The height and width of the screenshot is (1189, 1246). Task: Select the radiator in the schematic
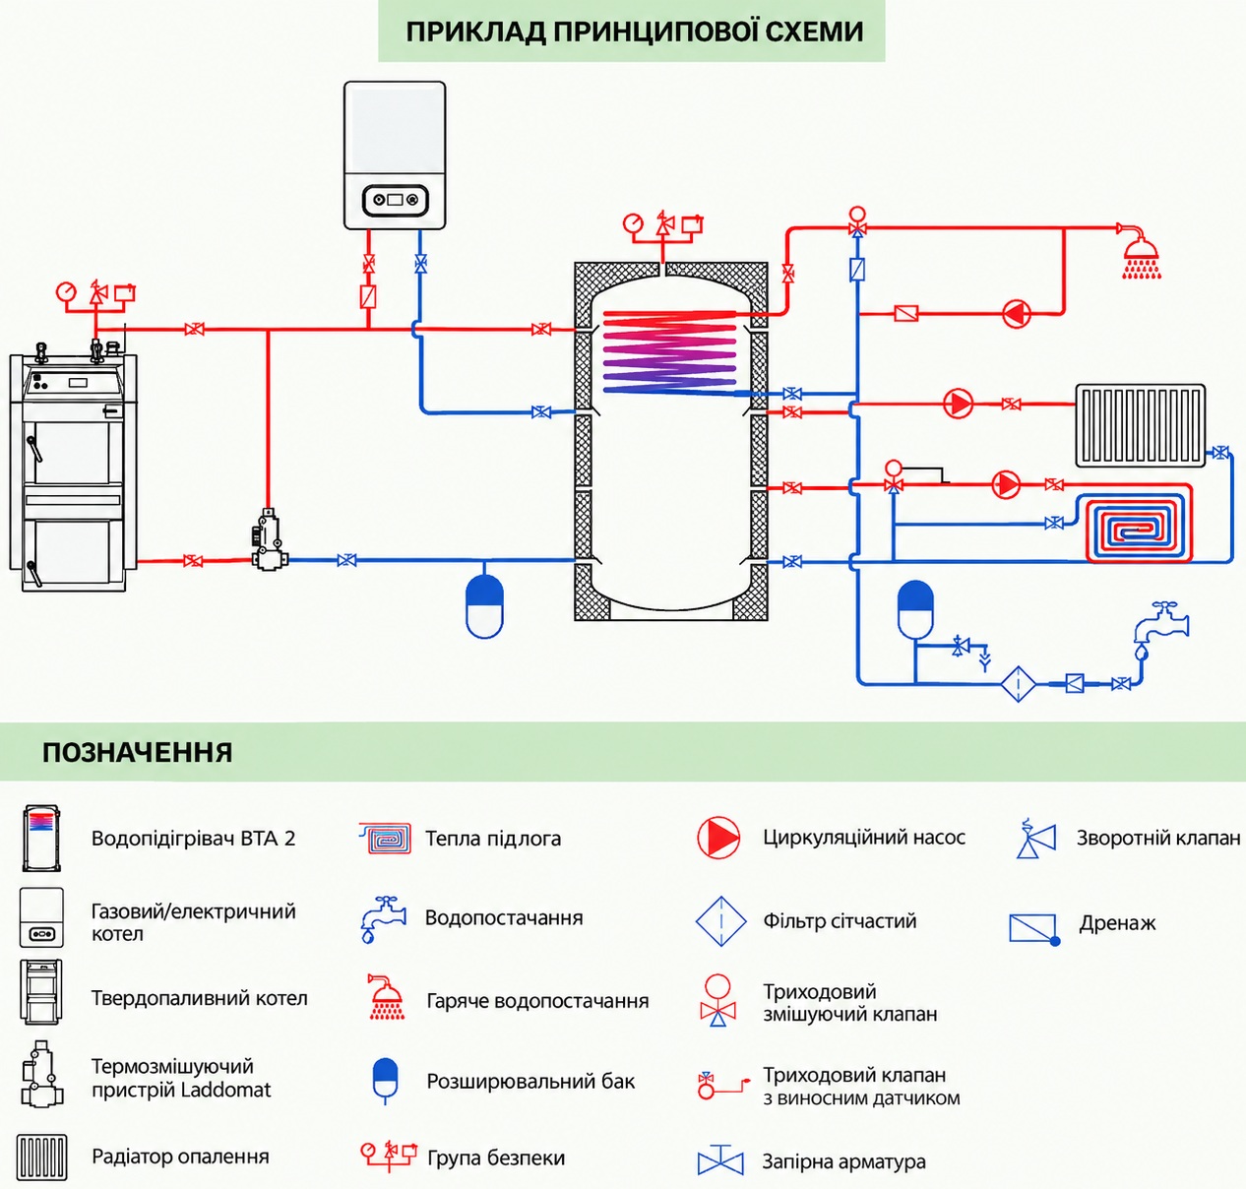1140,425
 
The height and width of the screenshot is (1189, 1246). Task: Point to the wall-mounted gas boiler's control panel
395,200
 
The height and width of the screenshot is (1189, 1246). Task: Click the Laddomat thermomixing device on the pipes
269,539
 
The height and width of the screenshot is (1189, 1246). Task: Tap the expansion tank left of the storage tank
484,606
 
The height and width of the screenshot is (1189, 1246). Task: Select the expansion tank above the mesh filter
915,609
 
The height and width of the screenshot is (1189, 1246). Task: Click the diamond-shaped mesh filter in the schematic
1018,684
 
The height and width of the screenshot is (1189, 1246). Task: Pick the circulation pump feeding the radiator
958,404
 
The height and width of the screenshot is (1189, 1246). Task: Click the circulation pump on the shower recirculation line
1016,313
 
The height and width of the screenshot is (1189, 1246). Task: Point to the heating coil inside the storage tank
668,350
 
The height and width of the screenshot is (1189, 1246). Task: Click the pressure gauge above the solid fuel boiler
66,291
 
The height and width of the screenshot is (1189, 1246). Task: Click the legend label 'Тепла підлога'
493,839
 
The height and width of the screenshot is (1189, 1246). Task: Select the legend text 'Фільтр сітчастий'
840,920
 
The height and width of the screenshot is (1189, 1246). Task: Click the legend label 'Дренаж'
1117,923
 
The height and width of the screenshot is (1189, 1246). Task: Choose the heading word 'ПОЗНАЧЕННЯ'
138,752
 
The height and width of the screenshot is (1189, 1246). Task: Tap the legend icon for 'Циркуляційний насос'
718,838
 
